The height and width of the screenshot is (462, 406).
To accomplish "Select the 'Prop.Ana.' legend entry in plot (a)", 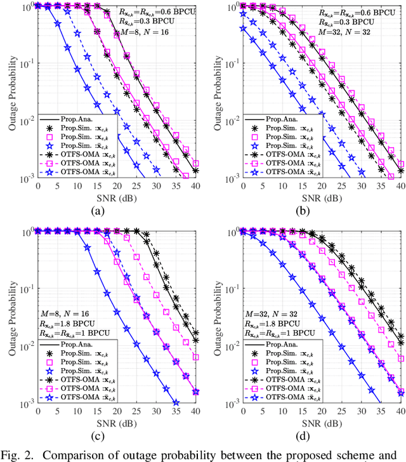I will click(74, 119).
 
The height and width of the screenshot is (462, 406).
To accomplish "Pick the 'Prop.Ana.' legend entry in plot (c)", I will click(74, 343).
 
